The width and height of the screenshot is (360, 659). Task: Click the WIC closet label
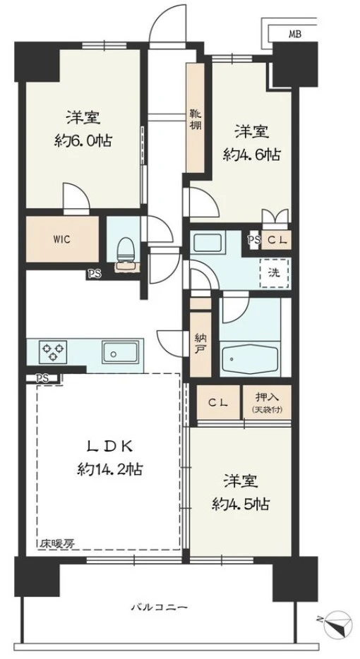tap(62, 240)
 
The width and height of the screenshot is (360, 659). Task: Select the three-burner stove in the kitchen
tap(53, 351)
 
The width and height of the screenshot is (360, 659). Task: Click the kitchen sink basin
tap(119, 352)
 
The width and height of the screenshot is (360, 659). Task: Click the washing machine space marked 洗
tap(274, 272)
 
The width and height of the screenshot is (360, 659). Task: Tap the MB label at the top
tap(294, 35)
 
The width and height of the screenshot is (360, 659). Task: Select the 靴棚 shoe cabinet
tap(196, 118)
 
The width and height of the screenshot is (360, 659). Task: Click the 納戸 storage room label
tap(200, 342)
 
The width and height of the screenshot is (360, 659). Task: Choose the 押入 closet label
tap(267, 397)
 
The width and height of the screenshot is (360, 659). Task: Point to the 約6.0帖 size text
tap(83, 141)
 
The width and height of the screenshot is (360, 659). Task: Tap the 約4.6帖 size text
tap(251, 155)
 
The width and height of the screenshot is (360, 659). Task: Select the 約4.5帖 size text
tap(241, 504)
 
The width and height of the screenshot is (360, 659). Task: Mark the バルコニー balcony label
tap(159, 607)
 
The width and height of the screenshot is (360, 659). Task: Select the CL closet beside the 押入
tap(218, 402)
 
